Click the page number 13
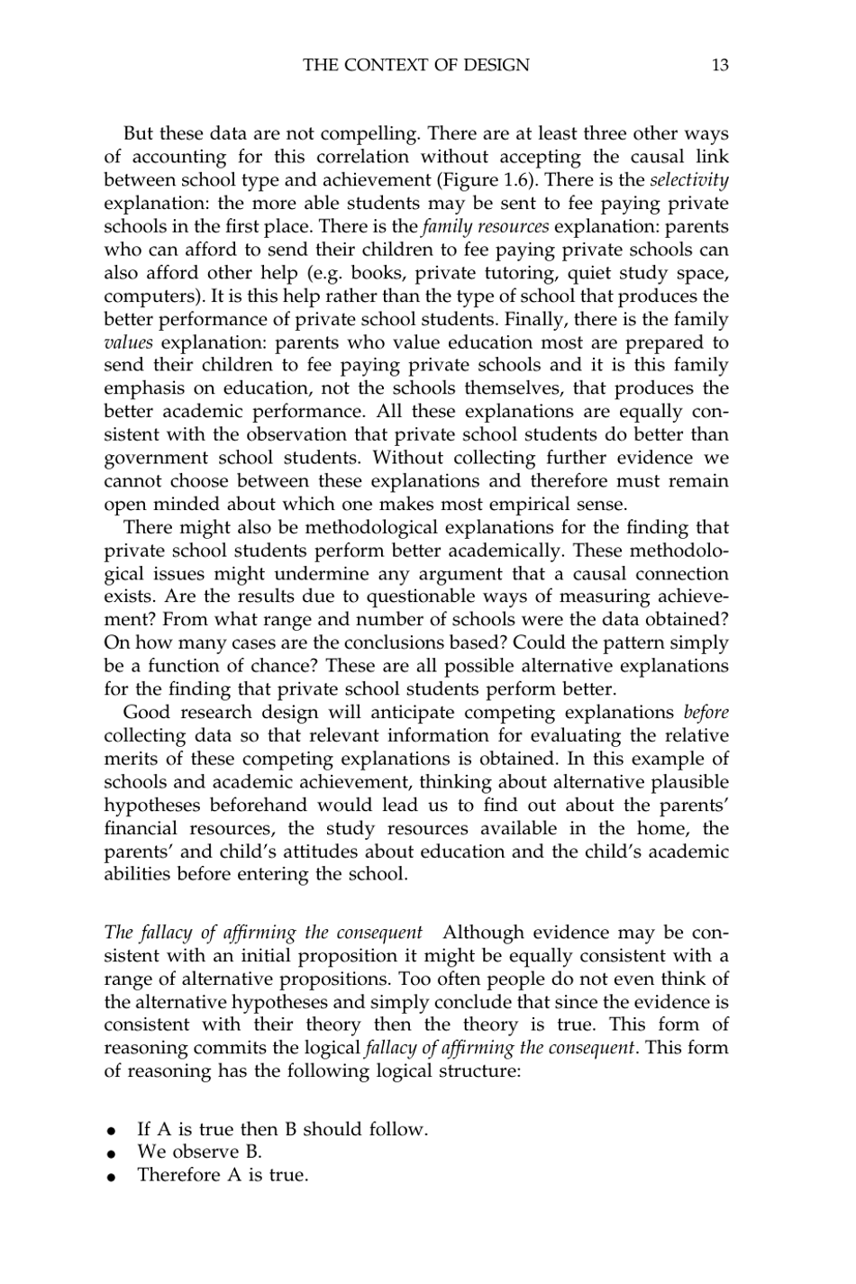[719, 65]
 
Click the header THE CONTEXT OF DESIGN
[416, 65]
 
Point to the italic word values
[128, 342]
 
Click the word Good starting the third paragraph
[146, 713]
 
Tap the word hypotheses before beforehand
[159, 806]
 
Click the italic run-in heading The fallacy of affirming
[263, 932]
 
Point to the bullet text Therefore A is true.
[222, 1175]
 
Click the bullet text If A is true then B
[281, 1129]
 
